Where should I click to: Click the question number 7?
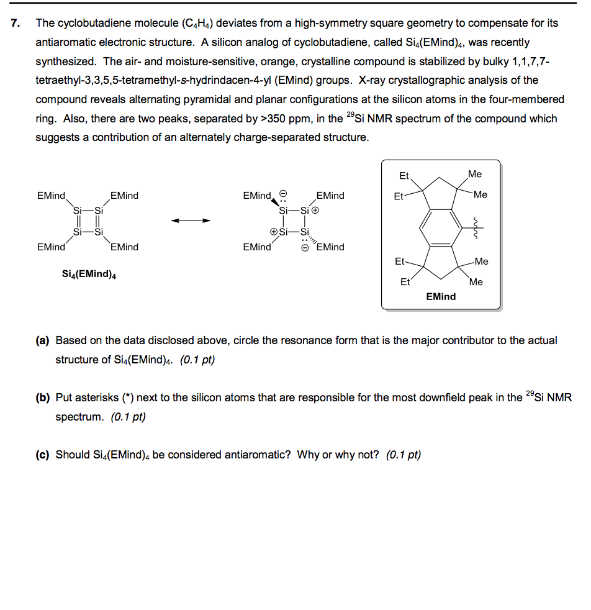16,24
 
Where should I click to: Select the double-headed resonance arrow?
191,221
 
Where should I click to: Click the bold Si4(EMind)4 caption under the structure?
89,274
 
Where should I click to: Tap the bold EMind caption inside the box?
441,297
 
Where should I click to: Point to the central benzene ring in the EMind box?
441,229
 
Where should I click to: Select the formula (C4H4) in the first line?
201,24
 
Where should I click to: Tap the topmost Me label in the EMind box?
475,175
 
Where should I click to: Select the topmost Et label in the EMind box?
404,176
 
